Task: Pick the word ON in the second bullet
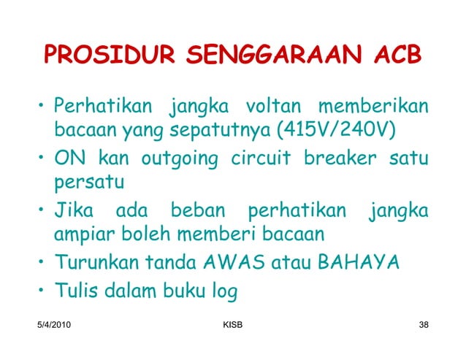coord(71,157)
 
